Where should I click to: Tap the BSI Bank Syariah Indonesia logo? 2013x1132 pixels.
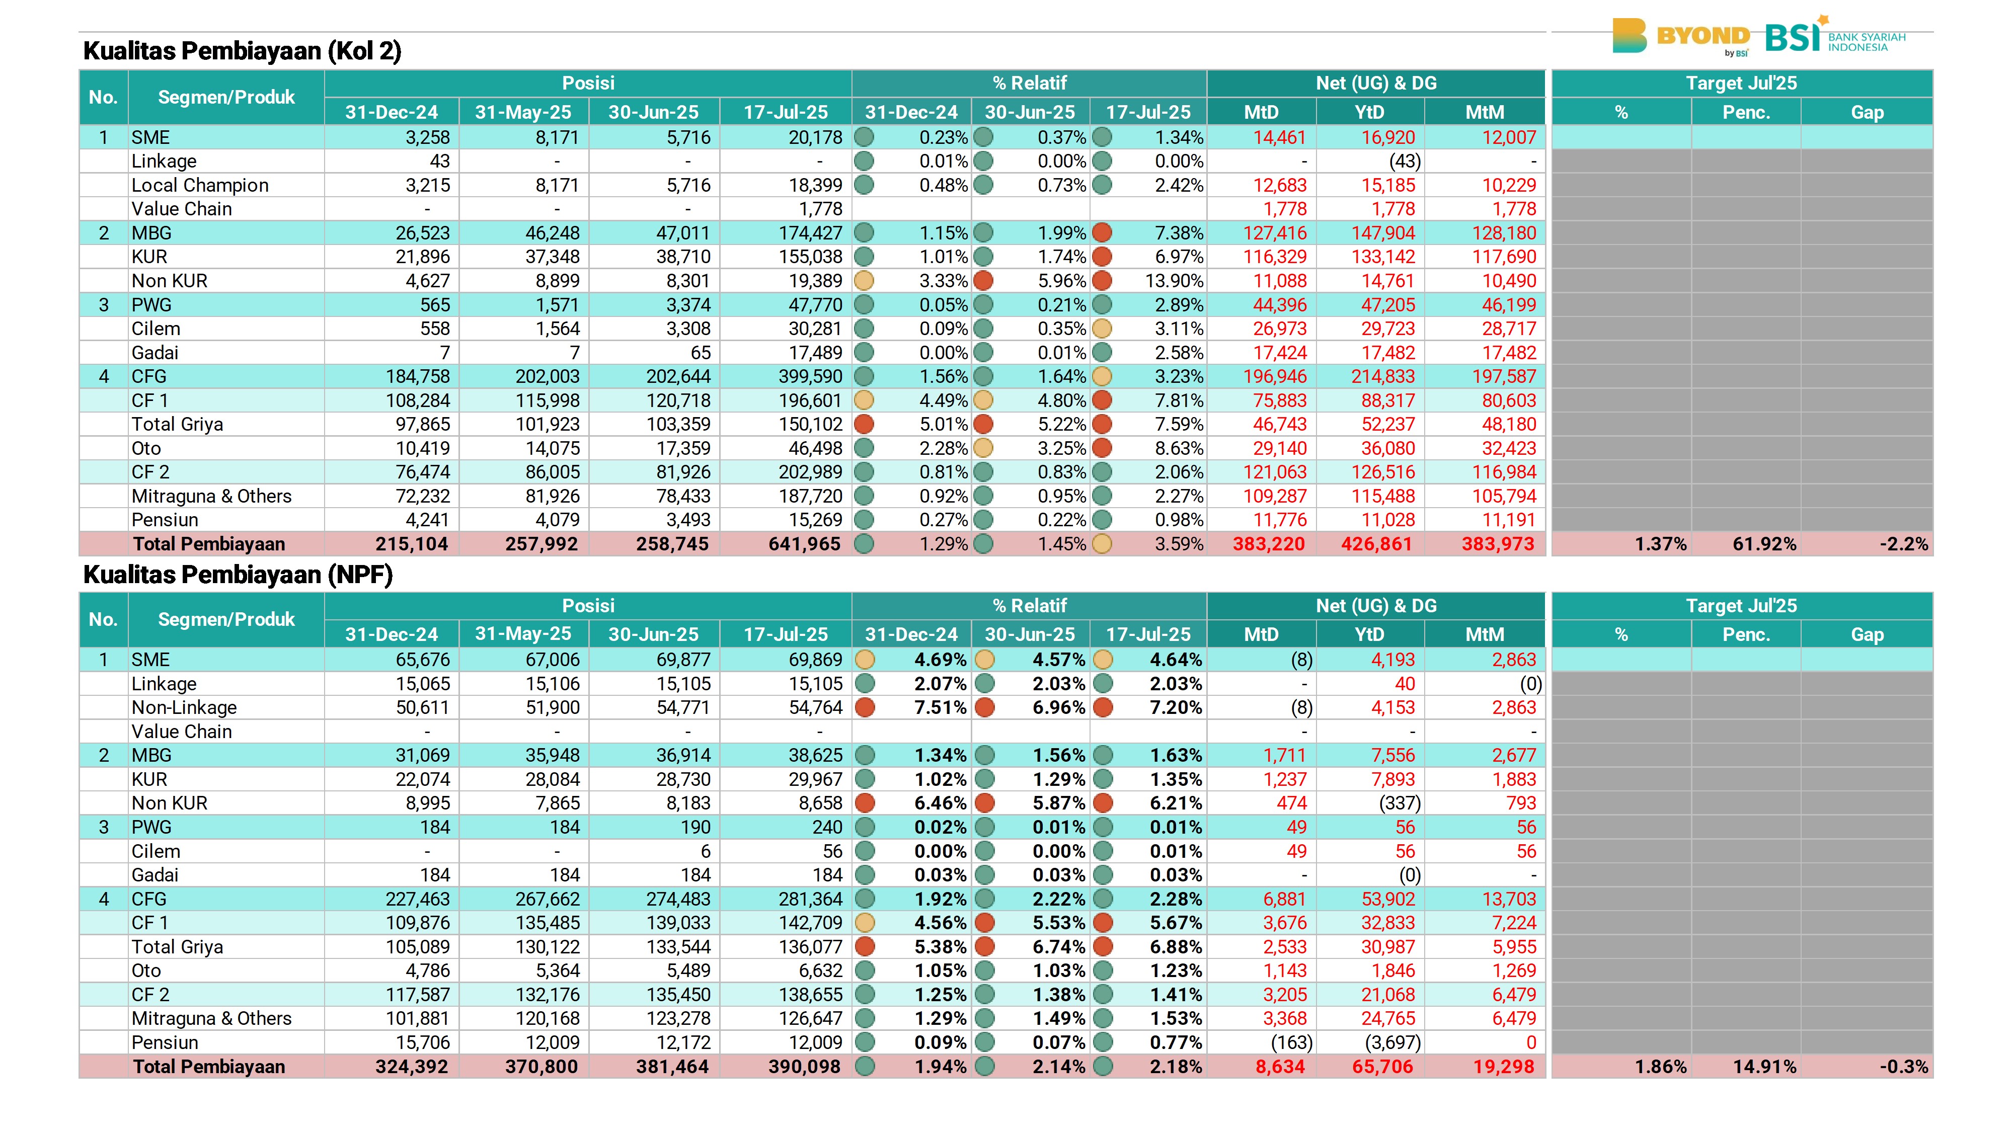coord(1835,35)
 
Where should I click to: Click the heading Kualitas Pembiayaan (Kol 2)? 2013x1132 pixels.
coord(242,51)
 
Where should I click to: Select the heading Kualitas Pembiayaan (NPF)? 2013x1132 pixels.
coord(238,575)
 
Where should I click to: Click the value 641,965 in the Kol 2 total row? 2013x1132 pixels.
coord(804,544)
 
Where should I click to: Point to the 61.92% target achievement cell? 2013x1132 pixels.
coord(1764,544)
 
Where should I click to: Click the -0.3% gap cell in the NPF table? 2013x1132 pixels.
coord(1904,1067)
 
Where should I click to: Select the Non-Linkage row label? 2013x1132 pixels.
coord(184,708)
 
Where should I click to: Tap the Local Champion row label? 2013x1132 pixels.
coord(200,185)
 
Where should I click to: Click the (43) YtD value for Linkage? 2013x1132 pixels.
coord(1404,161)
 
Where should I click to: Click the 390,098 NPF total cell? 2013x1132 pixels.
coord(804,1067)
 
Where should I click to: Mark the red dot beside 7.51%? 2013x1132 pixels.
coord(864,708)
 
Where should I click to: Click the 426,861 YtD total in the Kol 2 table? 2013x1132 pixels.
coord(1377,544)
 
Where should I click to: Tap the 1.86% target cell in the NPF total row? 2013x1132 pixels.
coord(1661,1067)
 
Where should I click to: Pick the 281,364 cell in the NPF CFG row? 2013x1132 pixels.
coord(810,899)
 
